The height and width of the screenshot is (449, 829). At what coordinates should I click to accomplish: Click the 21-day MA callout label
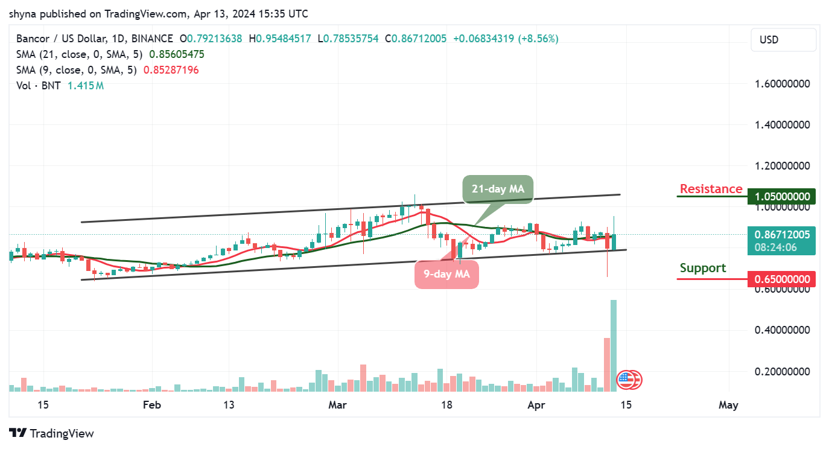click(498, 189)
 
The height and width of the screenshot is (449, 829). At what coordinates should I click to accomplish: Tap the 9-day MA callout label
click(446, 275)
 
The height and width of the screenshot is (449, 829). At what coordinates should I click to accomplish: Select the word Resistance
click(711, 189)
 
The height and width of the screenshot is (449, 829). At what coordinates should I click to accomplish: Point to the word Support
click(703, 268)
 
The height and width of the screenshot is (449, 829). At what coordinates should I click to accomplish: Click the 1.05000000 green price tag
click(781, 197)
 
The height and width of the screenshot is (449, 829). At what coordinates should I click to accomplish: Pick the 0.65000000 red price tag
click(781, 279)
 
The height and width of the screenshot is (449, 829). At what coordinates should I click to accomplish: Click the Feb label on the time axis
click(152, 405)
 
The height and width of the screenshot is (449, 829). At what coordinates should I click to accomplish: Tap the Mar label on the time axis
click(337, 405)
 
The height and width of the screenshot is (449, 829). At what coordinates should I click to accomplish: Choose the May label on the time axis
click(728, 405)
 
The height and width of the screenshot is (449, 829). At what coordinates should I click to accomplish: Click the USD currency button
click(783, 40)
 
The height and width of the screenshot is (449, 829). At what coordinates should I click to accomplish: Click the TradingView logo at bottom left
click(52, 433)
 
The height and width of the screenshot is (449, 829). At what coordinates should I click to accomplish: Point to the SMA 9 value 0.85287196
click(171, 70)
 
